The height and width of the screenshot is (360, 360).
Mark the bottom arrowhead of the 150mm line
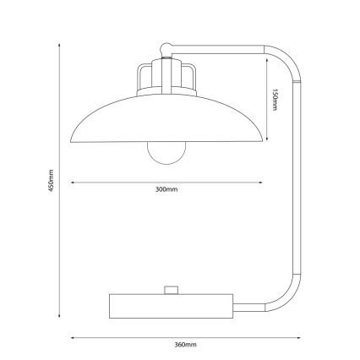pos(269,140)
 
